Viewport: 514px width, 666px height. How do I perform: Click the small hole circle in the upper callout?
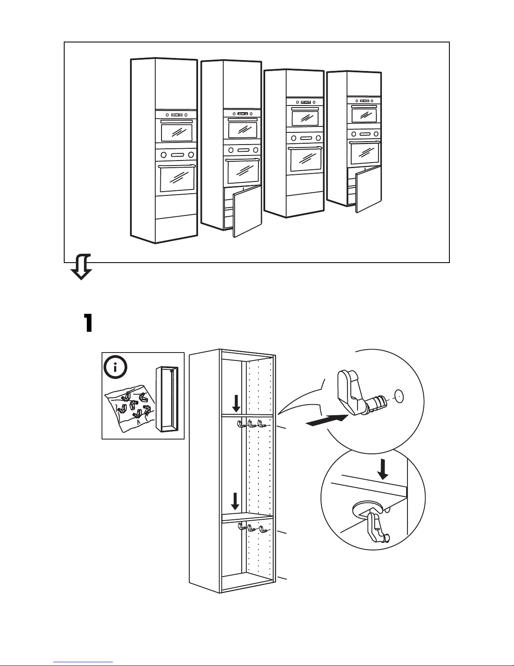click(x=398, y=395)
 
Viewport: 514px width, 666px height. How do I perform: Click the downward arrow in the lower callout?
click(x=382, y=469)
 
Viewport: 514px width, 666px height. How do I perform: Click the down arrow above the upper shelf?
click(x=236, y=404)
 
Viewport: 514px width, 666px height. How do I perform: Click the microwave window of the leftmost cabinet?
click(x=177, y=133)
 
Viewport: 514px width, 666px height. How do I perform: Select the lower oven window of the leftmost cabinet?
click(x=177, y=179)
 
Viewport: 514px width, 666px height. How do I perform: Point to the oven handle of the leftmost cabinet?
click(x=177, y=167)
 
